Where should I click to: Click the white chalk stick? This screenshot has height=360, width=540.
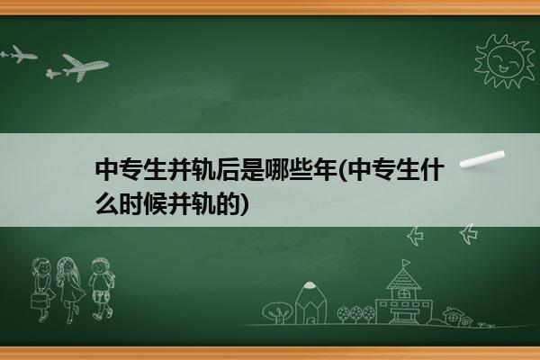pyautogui.click(x=482, y=159)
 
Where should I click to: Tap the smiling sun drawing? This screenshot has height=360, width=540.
pyautogui.click(x=505, y=60)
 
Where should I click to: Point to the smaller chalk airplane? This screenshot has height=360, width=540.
pyautogui.click(x=19, y=54)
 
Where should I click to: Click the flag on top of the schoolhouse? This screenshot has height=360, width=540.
pyautogui.click(x=406, y=263)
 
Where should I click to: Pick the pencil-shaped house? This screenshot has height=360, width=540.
pyautogui.click(x=310, y=302)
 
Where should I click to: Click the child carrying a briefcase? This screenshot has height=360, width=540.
pyautogui.click(x=42, y=290)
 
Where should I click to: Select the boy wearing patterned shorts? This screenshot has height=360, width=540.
pyautogui.click(x=101, y=289)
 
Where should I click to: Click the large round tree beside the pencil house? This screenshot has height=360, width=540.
pyautogui.click(x=277, y=312)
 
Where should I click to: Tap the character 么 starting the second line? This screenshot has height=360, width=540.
pyautogui.click(x=107, y=203)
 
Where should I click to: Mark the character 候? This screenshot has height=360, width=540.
pyautogui.click(x=156, y=203)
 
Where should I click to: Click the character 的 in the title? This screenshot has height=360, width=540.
pyautogui.click(x=228, y=203)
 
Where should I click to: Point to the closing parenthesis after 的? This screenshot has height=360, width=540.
pyautogui.click(x=244, y=204)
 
